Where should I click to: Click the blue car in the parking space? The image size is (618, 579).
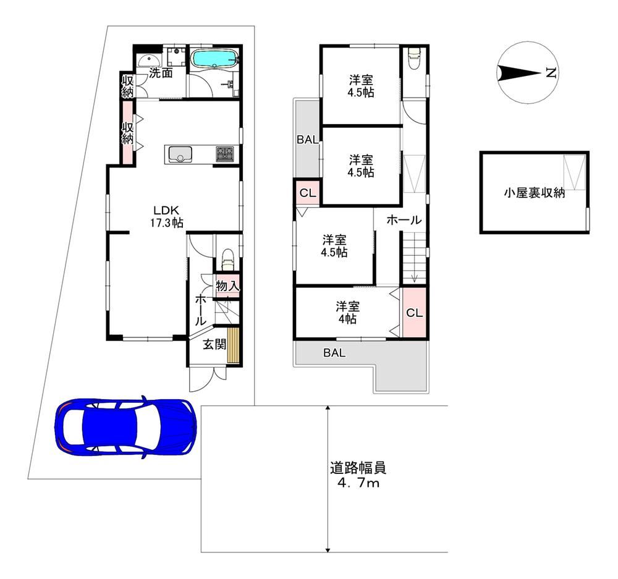(x=125, y=427)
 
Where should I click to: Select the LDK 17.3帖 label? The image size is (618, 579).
(x=166, y=216)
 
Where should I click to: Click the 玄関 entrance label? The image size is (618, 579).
(x=214, y=344)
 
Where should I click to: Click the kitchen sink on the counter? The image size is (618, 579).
(x=180, y=154)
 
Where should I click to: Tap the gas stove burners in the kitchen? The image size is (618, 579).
(x=225, y=154)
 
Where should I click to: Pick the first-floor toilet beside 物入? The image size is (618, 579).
(x=228, y=260)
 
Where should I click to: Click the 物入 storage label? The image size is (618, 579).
(x=227, y=285)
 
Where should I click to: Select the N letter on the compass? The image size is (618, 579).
(x=551, y=72)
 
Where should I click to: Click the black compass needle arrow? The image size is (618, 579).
(x=519, y=73)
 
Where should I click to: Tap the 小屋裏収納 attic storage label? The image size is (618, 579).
(x=534, y=193)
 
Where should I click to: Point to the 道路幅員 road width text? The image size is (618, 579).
(x=358, y=468)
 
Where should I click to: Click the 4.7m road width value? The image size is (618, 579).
(x=358, y=483)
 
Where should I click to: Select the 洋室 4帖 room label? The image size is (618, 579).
(x=347, y=313)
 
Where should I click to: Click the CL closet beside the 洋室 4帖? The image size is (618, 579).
(x=414, y=313)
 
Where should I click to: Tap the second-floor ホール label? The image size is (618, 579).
(x=404, y=220)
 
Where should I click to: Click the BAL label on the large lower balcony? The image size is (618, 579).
(x=334, y=353)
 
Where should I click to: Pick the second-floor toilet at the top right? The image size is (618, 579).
(x=413, y=58)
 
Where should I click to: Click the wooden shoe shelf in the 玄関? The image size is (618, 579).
(x=234, y=344)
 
